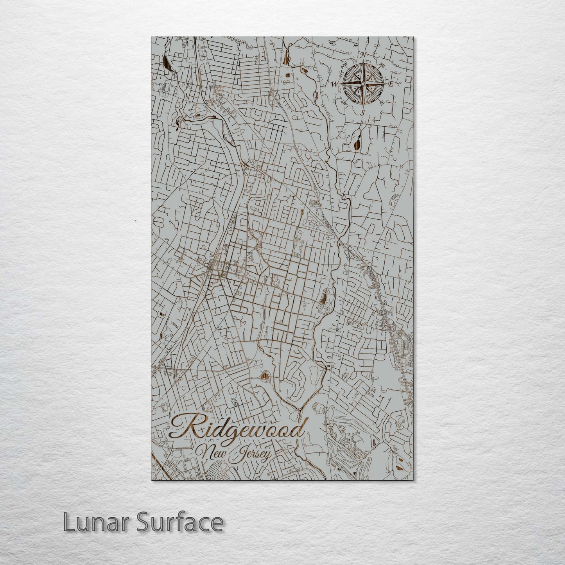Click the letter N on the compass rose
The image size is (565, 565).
click(363, 54)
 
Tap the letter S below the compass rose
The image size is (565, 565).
click(362, 113)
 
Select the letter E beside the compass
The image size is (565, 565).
click(391, 83)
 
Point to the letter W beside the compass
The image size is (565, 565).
click(335, 84)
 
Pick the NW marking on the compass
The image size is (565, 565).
click(345, 64)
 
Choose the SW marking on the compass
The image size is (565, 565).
click(344, 102)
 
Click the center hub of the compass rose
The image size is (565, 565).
click(363, 83)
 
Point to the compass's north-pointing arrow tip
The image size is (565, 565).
click(363, 61)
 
